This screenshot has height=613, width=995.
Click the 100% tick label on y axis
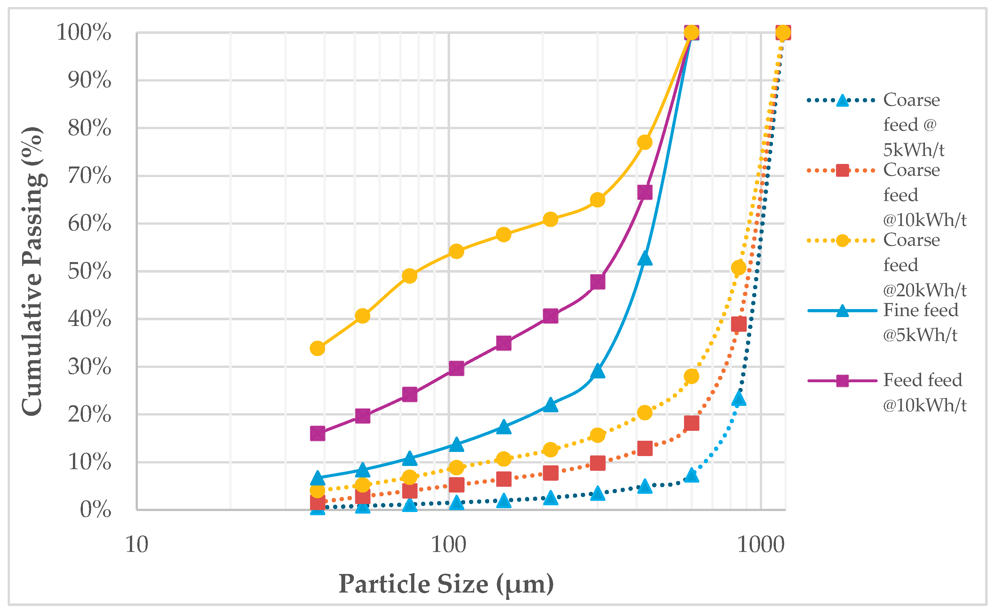84,32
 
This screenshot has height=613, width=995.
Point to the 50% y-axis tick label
89,271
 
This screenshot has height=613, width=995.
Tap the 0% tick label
95,510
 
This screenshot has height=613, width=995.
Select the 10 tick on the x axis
137,545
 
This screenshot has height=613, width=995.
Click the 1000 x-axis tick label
760,545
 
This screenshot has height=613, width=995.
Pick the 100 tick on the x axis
449,545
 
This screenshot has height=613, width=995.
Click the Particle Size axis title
446,584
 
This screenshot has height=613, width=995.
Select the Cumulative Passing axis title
32,271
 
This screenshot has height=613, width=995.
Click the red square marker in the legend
842,170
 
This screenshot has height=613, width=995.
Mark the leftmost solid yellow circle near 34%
317,348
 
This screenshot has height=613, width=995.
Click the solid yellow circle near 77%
645,142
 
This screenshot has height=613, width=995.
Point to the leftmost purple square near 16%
317,433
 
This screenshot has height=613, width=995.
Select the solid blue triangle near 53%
645,259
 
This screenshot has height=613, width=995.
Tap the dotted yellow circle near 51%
738,268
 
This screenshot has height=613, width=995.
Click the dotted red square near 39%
738,324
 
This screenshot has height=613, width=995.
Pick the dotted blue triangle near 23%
738,399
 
